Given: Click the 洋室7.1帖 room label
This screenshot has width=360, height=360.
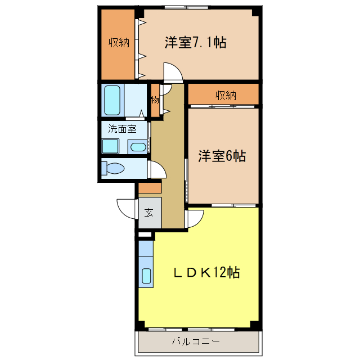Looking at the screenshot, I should coord(195,43).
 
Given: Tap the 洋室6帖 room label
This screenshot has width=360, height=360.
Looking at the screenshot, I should coord(221,156).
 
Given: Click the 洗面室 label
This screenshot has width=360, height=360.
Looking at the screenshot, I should coord(122,128).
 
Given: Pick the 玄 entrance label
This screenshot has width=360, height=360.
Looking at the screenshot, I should coord(148,213).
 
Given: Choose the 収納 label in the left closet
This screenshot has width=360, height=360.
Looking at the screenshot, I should coord(119,43).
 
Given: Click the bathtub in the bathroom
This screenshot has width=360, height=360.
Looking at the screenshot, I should coord(114,100).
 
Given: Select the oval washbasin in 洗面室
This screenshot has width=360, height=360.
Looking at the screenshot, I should coord(137,148).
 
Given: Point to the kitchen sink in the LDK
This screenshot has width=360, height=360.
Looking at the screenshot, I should coord(146,276).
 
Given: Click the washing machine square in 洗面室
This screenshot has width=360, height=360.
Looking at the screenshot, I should coord(110,146).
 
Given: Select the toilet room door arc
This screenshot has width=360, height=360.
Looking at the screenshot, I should coord(156,169).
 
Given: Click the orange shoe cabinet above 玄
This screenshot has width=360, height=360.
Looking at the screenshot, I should coord(150,188).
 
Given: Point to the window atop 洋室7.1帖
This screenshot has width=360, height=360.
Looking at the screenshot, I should coord(186,8).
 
